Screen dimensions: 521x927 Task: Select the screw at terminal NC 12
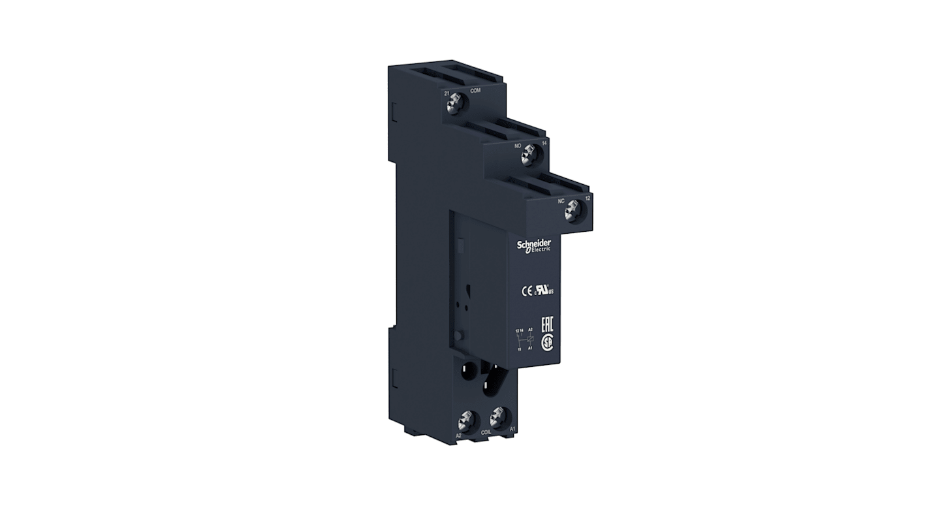pyautogui.click(x=573, y=211)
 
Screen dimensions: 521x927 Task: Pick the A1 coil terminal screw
pyautogui.click(x=497, y=414)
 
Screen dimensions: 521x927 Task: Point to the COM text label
pyautogui.click(x=475, y=91)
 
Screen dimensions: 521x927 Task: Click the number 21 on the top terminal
pyautogui.click(x=447, y=94)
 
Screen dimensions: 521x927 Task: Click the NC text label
pyautogui.click(x=561, y=201)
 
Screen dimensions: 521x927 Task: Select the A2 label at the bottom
pyautogui.click(x=460, y=435)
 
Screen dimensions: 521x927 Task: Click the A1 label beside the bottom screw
pyautogui.click(x=512, y=428)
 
